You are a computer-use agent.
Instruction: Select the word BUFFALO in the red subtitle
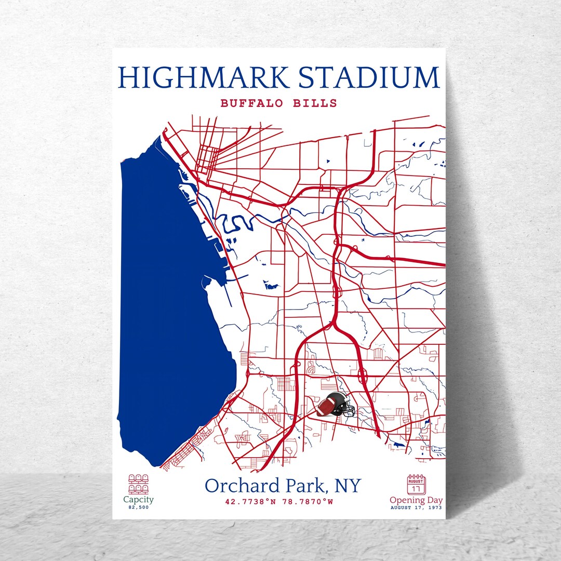[x=251, y=103]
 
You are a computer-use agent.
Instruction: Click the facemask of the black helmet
[x=350, y=411]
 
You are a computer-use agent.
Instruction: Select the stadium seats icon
[x=138, y=484]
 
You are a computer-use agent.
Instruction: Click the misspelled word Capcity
[x=138, y=500]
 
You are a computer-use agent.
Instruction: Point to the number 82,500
[x=138, y=507]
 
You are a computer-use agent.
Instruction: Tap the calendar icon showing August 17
[x=416, y=484]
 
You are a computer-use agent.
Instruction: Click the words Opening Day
[x=416, y=500]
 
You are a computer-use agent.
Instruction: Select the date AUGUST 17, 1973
[x=416, y=507]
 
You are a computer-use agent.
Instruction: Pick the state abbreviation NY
[x=348, y=486]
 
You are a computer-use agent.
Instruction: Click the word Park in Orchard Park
[x=299, y=486]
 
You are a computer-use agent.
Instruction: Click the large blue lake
[x=166, y=312]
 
